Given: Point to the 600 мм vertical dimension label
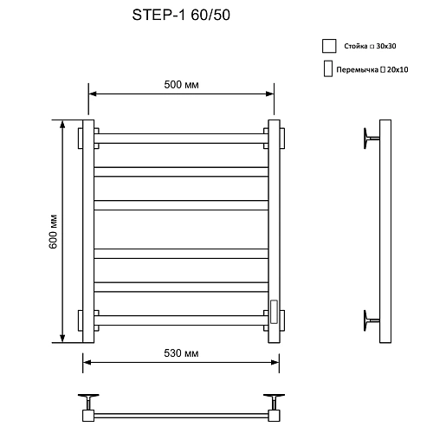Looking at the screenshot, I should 53,232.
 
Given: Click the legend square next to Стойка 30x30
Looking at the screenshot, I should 328,47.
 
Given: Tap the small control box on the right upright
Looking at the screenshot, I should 274,310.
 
